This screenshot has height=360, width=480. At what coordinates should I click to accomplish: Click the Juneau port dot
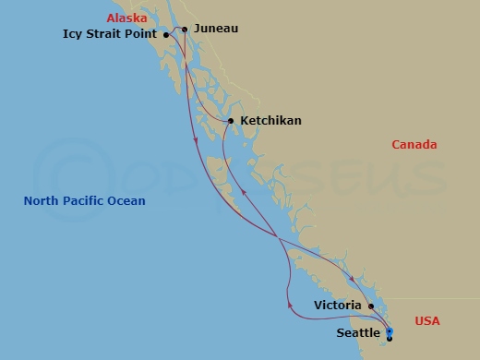185,30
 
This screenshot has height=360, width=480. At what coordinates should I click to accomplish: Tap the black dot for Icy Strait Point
165,35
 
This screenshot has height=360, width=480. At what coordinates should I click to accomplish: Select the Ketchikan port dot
230,121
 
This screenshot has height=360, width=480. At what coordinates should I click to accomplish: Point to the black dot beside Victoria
370,306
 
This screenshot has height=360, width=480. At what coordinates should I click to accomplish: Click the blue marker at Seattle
389,330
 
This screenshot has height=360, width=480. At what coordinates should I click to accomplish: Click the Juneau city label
216,29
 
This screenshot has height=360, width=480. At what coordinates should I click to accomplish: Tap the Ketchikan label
270,121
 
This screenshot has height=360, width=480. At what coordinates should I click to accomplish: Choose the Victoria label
337,304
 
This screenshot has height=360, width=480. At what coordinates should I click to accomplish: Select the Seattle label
356,332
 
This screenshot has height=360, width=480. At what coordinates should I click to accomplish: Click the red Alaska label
126,18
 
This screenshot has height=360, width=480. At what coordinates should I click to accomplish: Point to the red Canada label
414,145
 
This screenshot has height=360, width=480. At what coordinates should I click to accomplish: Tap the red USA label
427,321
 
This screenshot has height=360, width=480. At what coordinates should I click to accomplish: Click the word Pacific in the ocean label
89,201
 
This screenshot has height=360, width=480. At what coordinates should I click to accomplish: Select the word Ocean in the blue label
128,201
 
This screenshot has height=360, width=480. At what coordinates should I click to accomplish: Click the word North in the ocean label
42,201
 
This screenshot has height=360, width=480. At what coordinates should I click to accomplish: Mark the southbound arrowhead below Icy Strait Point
195,139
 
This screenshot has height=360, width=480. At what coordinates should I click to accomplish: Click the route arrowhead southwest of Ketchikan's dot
243,187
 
